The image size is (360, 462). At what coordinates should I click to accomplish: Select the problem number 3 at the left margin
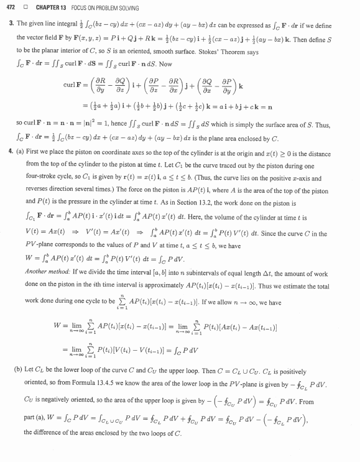[11, 24]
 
